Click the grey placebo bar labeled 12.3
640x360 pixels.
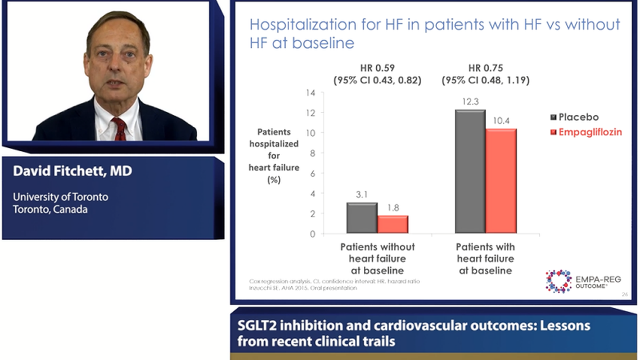coord(470,172)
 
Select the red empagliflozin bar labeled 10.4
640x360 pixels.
coord(501,181)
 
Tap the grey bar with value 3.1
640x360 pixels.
coord(362,218)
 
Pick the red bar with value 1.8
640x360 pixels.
coord(393,224)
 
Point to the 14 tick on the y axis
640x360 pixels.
coord(310,92)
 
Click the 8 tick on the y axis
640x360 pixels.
coord(313,153)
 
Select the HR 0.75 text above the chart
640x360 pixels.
coord(485,69)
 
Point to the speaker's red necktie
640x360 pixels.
coord(120,129)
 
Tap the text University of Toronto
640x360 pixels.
coord(60,197)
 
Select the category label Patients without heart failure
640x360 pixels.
coord(377,258)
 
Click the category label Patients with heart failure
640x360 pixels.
coord(485,258)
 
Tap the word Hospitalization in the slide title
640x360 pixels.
coord(293,25)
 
